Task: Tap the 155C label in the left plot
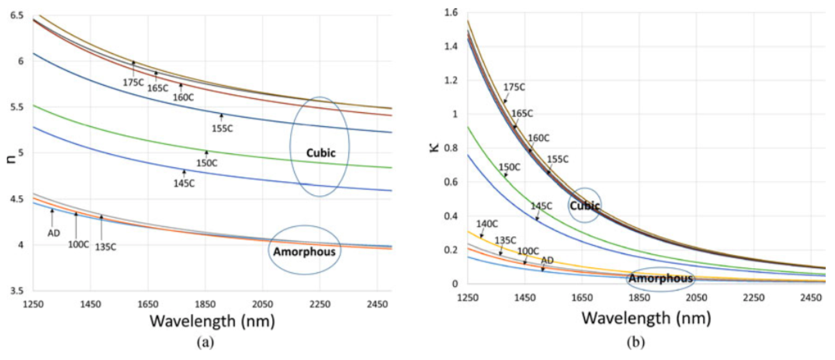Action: pyautogui.click(x=222, y=129)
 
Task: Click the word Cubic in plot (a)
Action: pyautogui.click(x=321, y=153)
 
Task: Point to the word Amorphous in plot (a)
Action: pyautogui.click(x=304, y=252)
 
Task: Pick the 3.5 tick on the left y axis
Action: pyautogui.click(x=17, y=291)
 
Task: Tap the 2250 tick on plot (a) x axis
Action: pyautogui.click(x=320, y=304)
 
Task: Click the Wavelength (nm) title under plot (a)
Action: pyautogui.click(x=212, y=321)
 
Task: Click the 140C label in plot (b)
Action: pyautogui.click(x=487, y=224)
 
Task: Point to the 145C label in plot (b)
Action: pyautogui.click(x=541, y=206)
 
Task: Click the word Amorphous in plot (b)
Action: pyautogui.click(x=661, y=279)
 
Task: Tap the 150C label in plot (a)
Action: pyautogui.click(x=207, y=163)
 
